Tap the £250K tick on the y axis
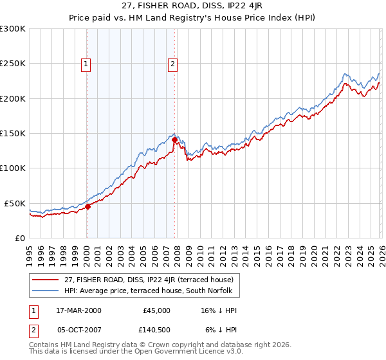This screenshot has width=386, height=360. click(13, 64)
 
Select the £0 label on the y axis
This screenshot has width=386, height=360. click(20, 238)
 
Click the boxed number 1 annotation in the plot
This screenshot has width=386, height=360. click(86, 64)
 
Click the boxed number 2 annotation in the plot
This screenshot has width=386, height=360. click(174, 64)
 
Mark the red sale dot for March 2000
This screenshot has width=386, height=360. click(88, 206)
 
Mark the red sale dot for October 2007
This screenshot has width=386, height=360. click(174, 139)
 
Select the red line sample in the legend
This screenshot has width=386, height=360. click(46, 280)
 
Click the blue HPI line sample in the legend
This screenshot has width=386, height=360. click(46, 291)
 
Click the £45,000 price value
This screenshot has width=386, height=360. click(157, 310)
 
